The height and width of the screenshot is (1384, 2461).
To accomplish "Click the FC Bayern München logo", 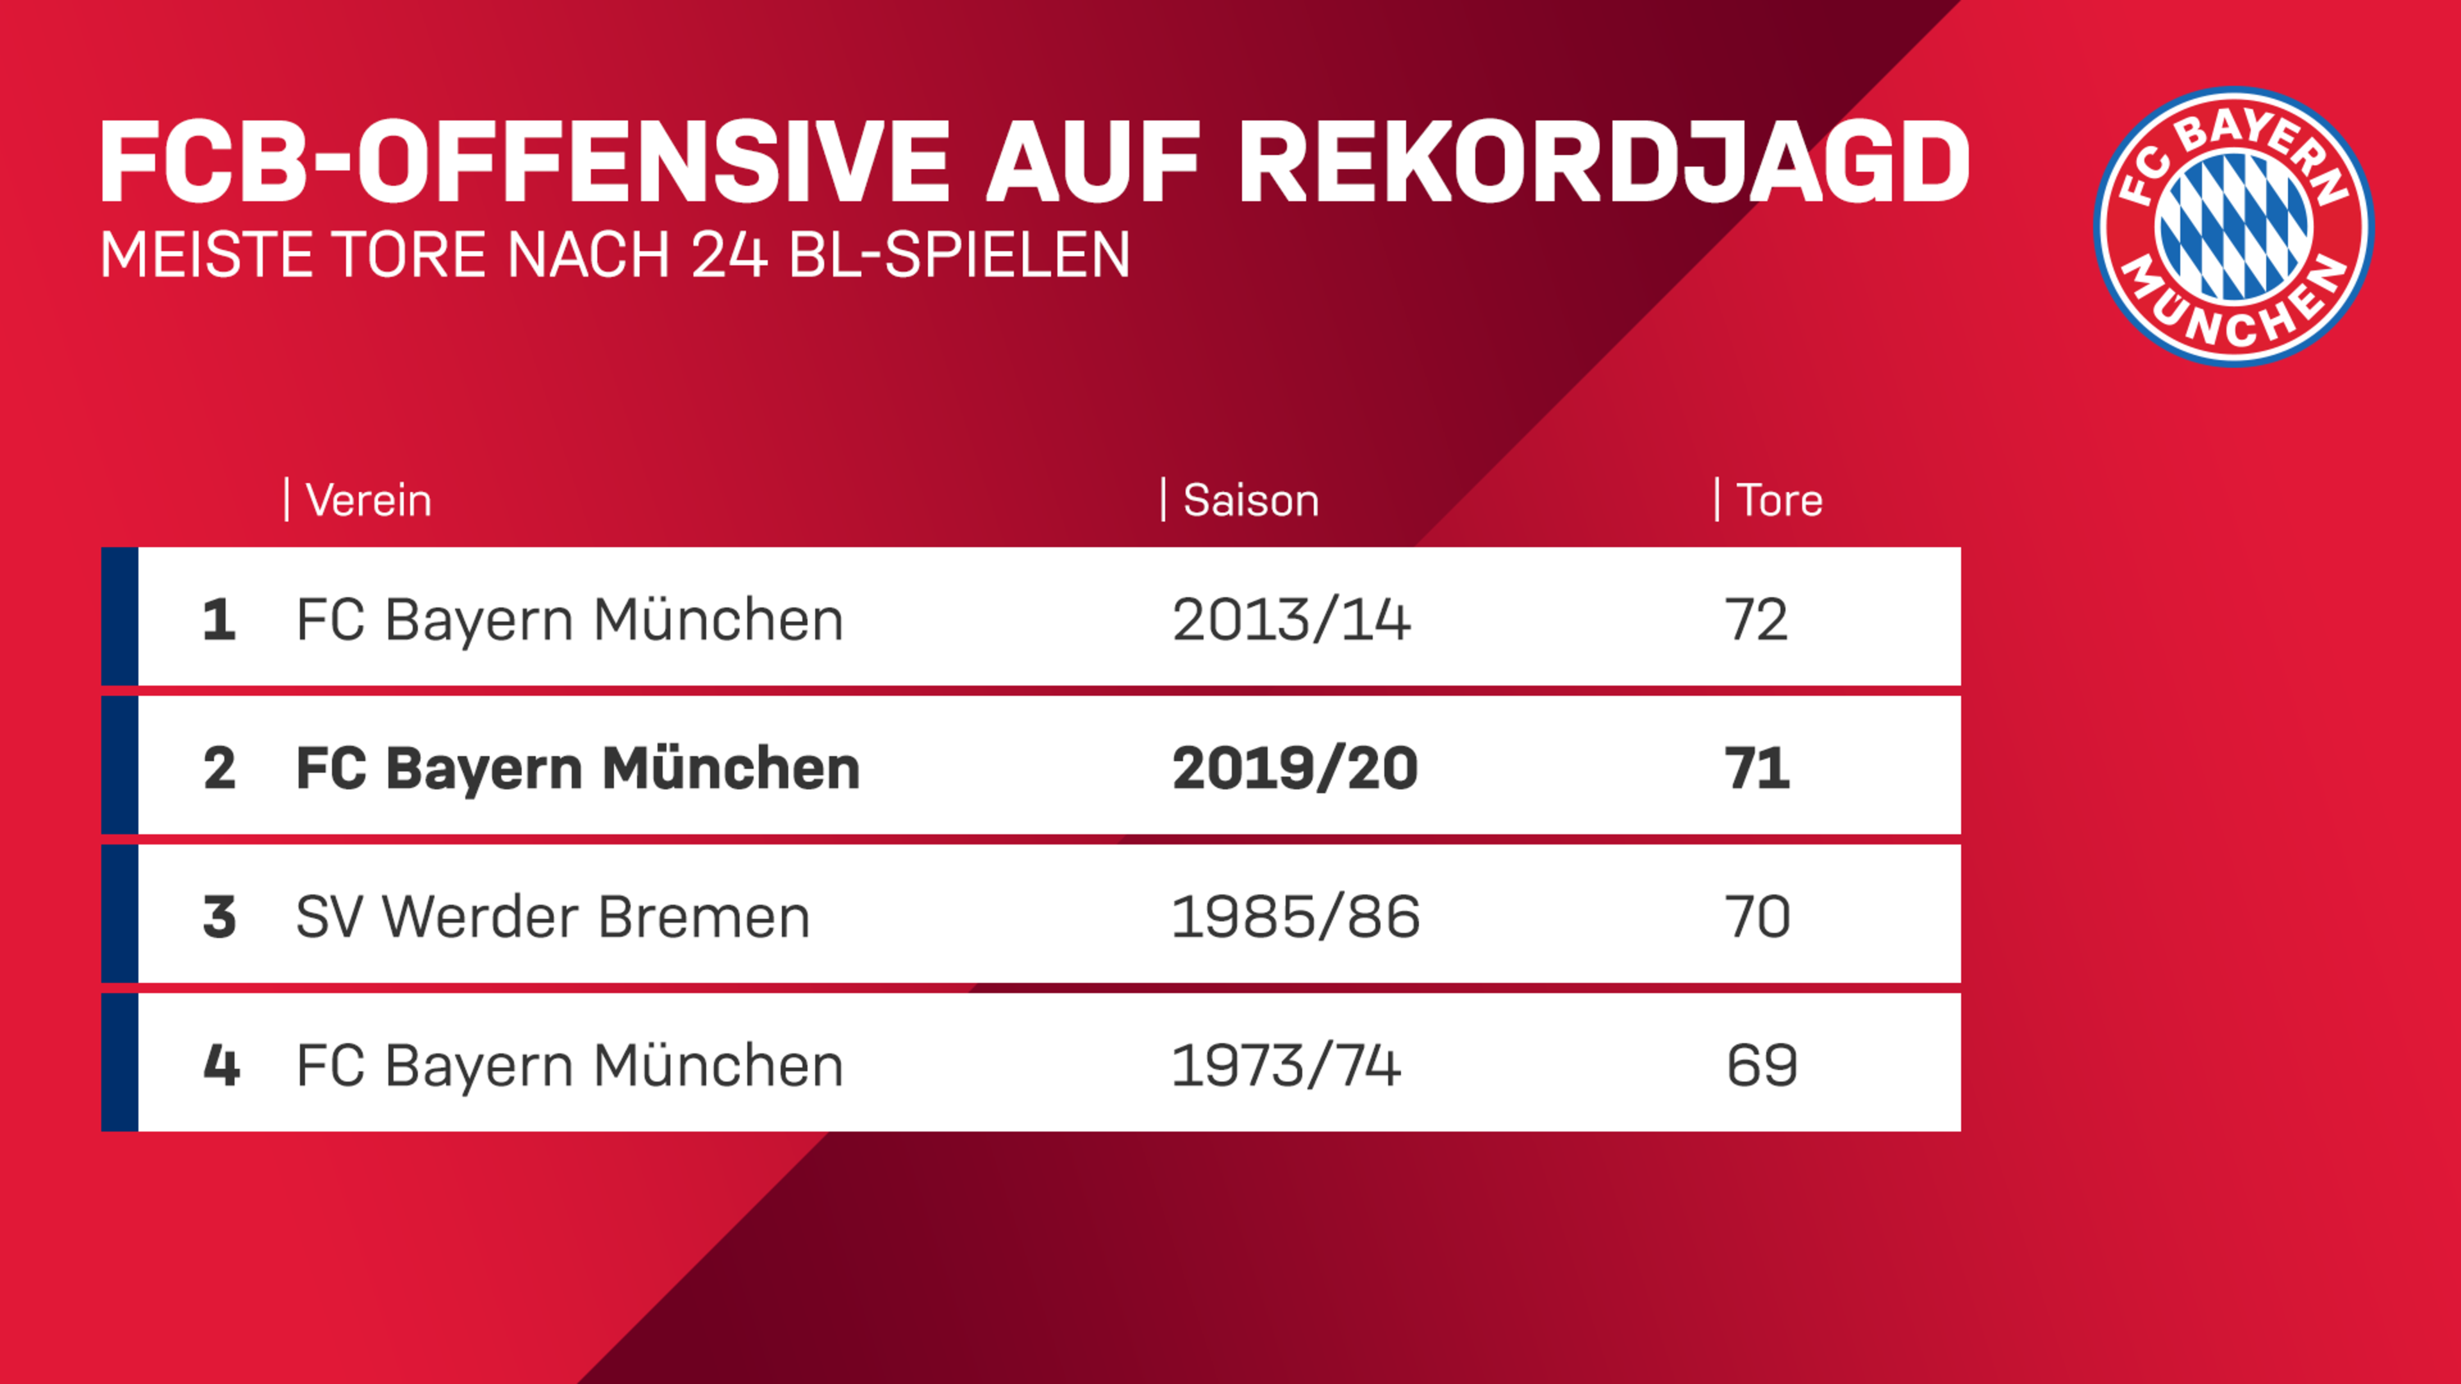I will [2233, 226].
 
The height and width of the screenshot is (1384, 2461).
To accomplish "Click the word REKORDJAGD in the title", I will [1603, 162].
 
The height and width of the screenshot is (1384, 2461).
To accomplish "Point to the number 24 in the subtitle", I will [729, 255].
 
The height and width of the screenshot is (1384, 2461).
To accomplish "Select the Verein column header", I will [368, 500].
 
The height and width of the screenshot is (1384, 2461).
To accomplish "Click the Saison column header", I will [1250, 500].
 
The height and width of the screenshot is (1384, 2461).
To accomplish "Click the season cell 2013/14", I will [1291, 620].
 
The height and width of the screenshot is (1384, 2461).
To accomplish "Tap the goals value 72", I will [1755, 620].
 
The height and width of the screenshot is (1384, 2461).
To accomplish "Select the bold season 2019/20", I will [1295, 768].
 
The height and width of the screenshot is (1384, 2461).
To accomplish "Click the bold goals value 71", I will [1756, 768].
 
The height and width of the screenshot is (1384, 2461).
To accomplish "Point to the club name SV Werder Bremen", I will [552, 917].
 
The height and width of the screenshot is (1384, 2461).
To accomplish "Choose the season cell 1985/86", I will [1295, 917].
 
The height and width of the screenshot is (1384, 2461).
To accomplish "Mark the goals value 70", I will [1757, 917].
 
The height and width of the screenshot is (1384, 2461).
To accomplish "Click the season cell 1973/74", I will [1286, 1065].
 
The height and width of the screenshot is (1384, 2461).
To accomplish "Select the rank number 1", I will [219, 620].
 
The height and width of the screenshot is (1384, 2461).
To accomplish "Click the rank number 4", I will [220, 1065].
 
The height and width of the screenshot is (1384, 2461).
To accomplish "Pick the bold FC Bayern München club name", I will [577, 768].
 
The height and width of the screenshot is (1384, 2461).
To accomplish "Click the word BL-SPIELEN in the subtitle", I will [959, 255].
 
